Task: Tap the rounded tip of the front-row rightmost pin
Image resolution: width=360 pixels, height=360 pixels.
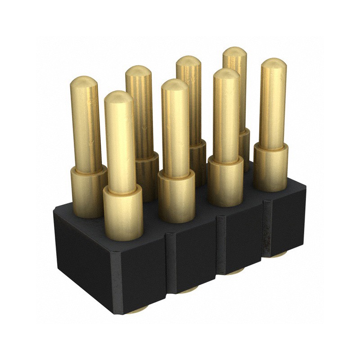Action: pos(273,63)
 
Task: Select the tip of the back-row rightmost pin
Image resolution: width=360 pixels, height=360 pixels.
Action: pos(234,51)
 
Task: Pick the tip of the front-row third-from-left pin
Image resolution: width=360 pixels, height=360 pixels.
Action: pos(226,73)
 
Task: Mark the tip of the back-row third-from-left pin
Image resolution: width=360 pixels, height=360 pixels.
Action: pos(188,60)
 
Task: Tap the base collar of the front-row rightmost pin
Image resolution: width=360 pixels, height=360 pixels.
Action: pos(270,166)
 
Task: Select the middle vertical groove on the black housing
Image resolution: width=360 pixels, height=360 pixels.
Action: pos(221,245)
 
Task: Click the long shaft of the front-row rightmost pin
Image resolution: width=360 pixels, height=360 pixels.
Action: pos(273,108)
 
